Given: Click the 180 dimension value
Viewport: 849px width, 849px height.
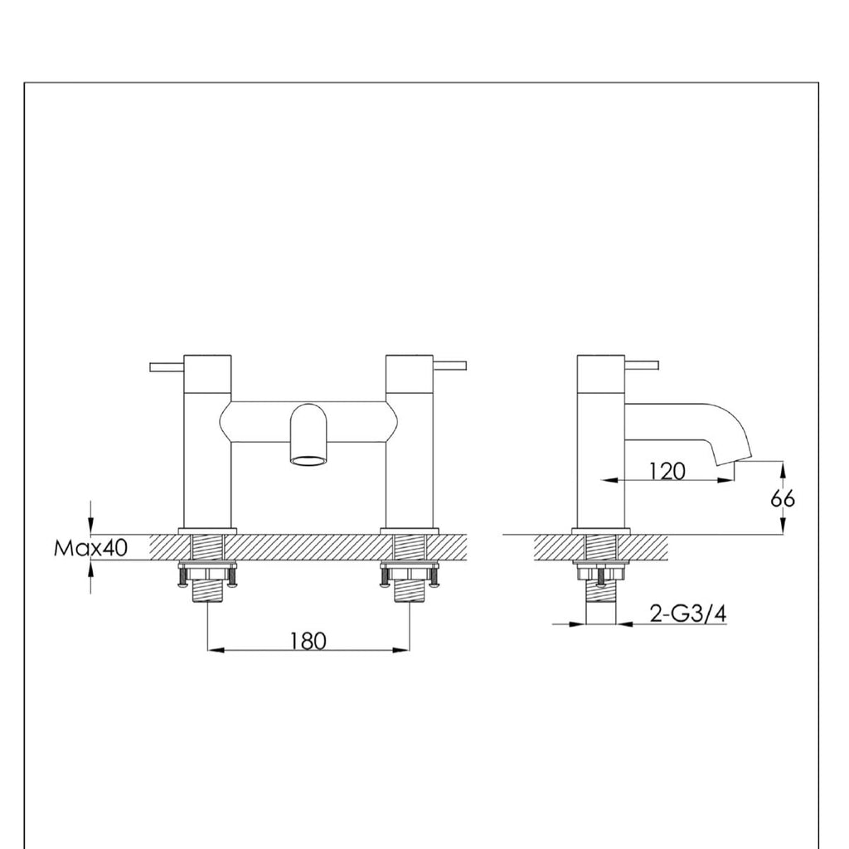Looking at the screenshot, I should click(308, 640).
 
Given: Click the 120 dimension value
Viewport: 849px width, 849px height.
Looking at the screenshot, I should click(668, 471).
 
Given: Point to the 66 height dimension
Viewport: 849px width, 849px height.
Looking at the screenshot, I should click(782, 498).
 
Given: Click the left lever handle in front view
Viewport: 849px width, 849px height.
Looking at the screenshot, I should click(167, 366).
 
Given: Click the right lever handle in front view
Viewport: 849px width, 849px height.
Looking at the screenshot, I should click(451, 365).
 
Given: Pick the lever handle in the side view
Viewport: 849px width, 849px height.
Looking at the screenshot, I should click(643, 365).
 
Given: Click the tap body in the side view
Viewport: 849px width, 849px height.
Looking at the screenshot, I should click(601, 464).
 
